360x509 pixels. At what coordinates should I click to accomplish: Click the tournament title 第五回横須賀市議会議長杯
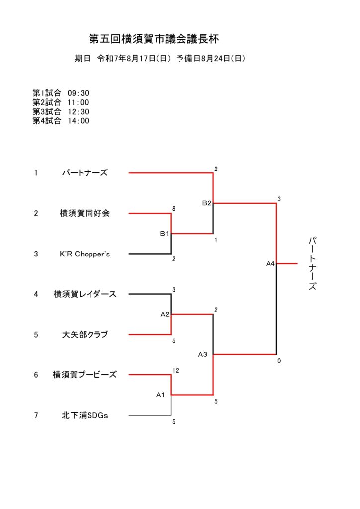pyautogui.click(x=154, y=39)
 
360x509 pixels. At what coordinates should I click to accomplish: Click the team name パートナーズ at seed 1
pyautogui.click(x=85, y=172)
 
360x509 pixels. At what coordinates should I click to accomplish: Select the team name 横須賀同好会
pyautogui.click(x=85, y=213)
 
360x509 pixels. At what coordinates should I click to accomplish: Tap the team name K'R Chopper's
pyautogui.click(x=85, y=254)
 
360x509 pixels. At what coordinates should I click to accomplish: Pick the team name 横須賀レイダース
pyautogui.click(x=85, y=294)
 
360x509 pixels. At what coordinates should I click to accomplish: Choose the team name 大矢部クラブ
pyautogui.click(x=85, y=335)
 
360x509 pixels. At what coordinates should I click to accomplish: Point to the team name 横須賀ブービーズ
pyautogui.click(x=85, y=375)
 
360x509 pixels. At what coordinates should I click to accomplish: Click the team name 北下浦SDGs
pyautogui.click(x=85, y=415)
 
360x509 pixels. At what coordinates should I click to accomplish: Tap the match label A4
pyautogui.click(x=270, y=264)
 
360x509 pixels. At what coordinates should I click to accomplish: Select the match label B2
pyautogui.click(x=207, y=203)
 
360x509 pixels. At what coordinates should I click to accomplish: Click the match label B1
pyautogui.click(x=164, y=234)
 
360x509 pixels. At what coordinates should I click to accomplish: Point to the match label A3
pyautogui.click(x=202, y=354)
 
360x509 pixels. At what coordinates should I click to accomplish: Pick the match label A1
pyautogui.click(x=161, y=395)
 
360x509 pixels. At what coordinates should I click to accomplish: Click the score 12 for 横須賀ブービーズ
pyautogui.click(x=176, y=370)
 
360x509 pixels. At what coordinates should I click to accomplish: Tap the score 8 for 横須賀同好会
pyautogui.click(x=174, y=209)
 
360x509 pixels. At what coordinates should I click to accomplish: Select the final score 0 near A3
pyautogui.click(x=279, y=361)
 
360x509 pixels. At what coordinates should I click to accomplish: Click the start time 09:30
pyautogui.click(x=78, y=93)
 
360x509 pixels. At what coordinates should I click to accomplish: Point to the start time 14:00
pyautogui.click(x=78, y=121)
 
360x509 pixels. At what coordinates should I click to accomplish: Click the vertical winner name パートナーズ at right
pyautogui.click(x=312, y=263)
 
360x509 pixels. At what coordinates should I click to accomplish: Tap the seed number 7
pyautogui.click(x=36, y=415)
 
